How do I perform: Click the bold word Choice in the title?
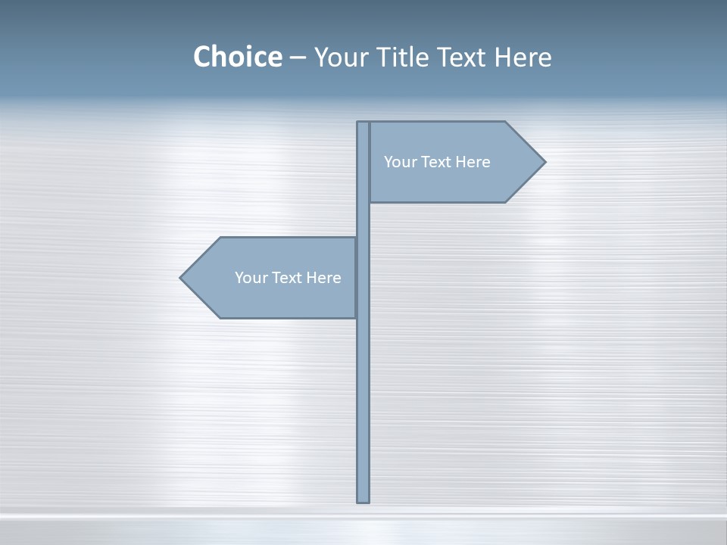pyautogui.click(x=237, y=57)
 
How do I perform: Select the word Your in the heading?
pyautogui.click(x=340, y=57)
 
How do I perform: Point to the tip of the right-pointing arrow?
pyautogui.click(x=544, y=161)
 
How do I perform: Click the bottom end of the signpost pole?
pyautogui.click(x=363, y=500)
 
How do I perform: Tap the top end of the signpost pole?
pyautogui.click(x=363, y=123)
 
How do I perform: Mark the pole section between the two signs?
pyautogui.click(x=363, y=220)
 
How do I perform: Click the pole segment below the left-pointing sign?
pyautogui.click(x=363, y=409)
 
